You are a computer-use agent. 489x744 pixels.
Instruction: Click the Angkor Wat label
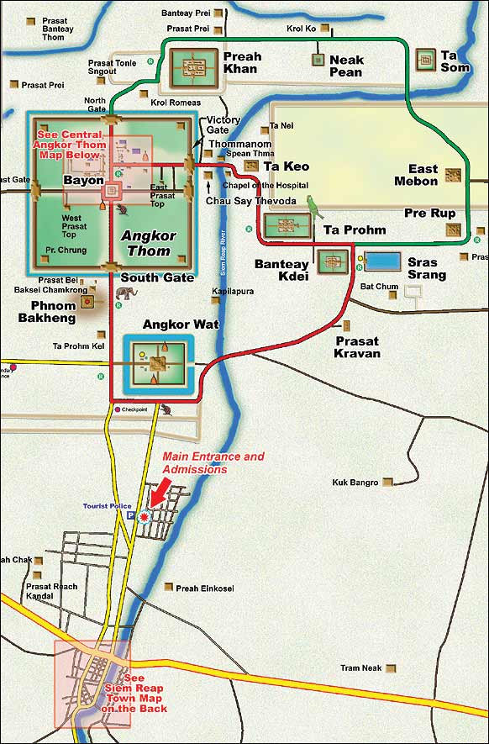point(169,325)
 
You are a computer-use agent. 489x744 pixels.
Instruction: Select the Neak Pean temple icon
point(318,60)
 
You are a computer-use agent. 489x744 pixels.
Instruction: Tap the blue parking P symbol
point(130,517)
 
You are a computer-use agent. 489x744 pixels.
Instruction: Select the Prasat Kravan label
point(357,347)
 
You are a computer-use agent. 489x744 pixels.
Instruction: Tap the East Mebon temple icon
point(453,175)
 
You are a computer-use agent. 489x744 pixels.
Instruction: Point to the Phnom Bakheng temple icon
point(87,301)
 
